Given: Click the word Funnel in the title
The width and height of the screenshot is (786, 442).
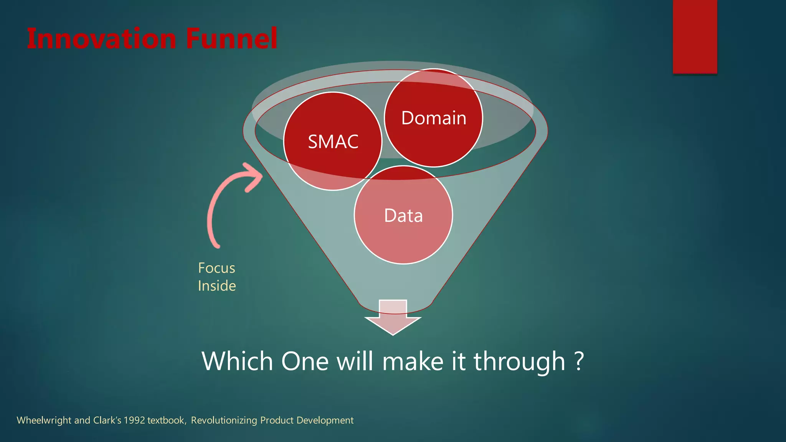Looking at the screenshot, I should [231, 39].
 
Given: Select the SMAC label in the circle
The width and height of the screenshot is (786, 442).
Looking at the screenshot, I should [333, 142].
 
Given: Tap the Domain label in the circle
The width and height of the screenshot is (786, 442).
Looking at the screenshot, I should [434, 118].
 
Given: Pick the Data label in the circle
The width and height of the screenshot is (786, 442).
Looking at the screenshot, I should [403, 216].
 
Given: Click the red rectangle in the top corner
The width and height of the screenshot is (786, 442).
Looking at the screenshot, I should [695, 36].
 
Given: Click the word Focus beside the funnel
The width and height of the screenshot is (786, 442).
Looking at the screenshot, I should [216, 268].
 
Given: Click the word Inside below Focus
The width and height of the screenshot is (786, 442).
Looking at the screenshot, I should [217, 286].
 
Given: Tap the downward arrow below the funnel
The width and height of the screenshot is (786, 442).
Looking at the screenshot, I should [393, 318].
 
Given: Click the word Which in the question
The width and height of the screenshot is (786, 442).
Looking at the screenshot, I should [237, 361].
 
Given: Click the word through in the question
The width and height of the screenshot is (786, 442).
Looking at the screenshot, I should [519, 361].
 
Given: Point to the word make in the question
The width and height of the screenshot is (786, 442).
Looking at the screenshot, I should [413, 361].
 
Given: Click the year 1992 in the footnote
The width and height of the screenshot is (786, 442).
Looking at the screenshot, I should [134, 421].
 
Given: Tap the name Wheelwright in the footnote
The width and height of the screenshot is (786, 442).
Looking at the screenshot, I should [44, 421].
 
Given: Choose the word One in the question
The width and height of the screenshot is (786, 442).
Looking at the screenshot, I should [305, 361].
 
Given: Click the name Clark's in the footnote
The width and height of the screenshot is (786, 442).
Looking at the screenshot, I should [107, 421].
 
